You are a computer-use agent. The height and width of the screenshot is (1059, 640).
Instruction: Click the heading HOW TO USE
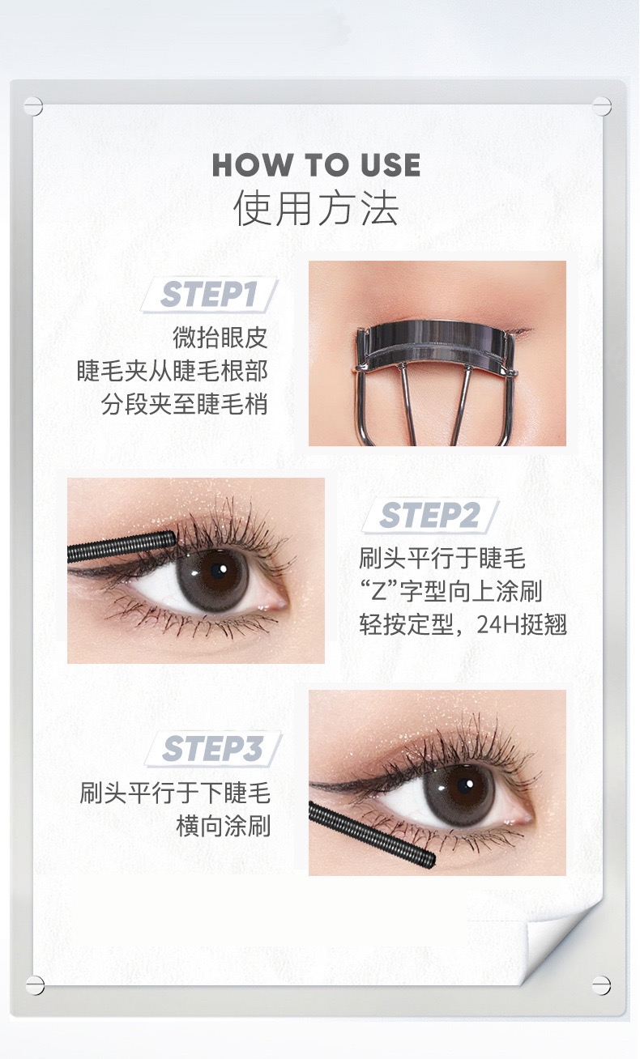316,165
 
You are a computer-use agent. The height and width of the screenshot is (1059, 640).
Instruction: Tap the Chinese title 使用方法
316,209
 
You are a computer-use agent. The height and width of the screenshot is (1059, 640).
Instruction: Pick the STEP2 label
429,515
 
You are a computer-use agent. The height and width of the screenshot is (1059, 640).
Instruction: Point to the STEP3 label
212,749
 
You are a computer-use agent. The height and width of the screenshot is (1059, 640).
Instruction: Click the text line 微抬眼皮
220,338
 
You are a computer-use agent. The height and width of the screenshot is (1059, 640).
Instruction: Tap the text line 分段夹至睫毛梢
185,404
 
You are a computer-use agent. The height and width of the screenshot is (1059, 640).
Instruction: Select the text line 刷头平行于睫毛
442,559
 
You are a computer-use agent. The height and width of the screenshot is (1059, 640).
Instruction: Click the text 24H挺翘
522,625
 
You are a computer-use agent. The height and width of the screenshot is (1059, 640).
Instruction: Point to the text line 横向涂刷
224,827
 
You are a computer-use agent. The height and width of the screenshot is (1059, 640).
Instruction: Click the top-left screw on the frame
33,106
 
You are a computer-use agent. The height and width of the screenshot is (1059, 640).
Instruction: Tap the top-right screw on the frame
602,106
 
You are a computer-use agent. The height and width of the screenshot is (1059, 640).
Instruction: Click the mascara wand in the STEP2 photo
122,546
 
